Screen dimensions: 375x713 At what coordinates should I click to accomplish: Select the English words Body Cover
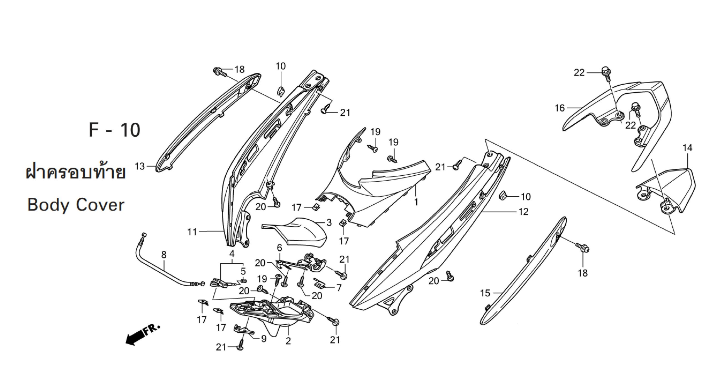pyautogui.click(x=76, y=205)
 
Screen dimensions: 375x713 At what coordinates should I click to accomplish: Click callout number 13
pyautogui.click(x=140, y=166)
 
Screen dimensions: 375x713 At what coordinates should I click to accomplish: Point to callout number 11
pyautogui.click(x=192, y=232)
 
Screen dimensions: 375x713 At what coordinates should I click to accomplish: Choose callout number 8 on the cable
pyautogui.click(x=164, y=255)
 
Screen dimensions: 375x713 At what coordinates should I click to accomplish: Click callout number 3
pyautogui.click(x=329, y=223)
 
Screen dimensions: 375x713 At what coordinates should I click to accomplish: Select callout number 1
pyautogui.click(x=416, y=202)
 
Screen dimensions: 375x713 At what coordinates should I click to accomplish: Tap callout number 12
pyautogui.click(x=524, y=212)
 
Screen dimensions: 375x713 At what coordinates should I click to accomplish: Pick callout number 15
pyautogui.click(x=485, y=293)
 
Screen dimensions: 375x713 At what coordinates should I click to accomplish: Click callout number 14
pyautogui.click(x=688, y=148)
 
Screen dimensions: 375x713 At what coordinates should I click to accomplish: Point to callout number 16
pyautogui.click(x=560, y=108)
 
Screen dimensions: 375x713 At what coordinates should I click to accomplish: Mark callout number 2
pyautogui.click(x=288, y=341)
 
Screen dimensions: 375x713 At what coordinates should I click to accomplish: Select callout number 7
pyautogui.click(x=339, y=287)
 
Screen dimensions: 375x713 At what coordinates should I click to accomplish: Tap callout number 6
pyautogui.click(x=279, y=248)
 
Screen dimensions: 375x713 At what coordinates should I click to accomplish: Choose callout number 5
pyautogui.click(x=243, y=271)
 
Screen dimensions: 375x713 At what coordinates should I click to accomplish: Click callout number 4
pyautogui.click(x=232, y=254)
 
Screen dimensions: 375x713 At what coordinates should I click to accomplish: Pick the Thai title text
pyautogui.click(x=75, y=173)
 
